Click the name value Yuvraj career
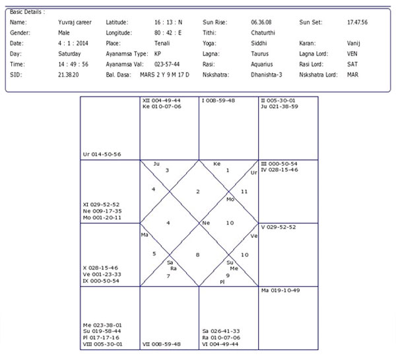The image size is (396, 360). pos(75,22)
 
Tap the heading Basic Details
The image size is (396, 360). pos(27,11)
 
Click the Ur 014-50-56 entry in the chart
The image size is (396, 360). pos(102,154)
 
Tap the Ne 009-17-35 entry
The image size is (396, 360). pos(106,211)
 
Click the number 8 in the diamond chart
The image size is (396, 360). pos(198,254)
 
